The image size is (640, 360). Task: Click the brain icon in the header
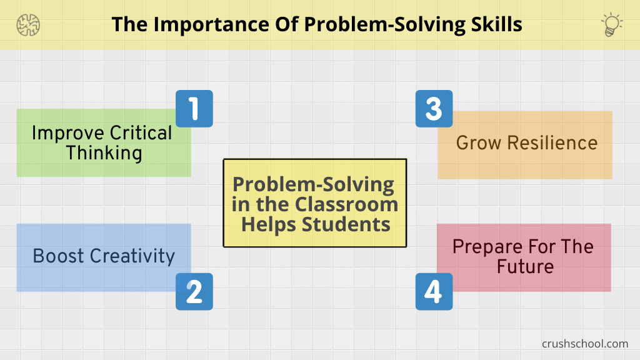coord(28,25)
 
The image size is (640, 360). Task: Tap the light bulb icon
coord(611,24)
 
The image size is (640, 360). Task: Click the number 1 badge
coord(194,109)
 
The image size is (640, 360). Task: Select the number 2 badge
coord(194,291)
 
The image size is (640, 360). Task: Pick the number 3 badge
coord(434,109)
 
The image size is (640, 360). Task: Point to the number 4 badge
coord(434,291)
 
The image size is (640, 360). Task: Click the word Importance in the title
coord(211,25)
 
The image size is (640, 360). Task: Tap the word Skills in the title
coord(496,24)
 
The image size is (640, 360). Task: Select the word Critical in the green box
coord(141,133)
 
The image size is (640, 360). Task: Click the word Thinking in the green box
coord(104,154)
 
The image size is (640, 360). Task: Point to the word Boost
coord(58,256)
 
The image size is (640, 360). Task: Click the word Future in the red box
coord(525,266)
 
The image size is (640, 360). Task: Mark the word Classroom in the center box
coord(346,204)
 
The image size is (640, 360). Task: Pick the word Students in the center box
coord(346,224)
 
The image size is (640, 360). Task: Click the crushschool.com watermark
coord(585,344)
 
